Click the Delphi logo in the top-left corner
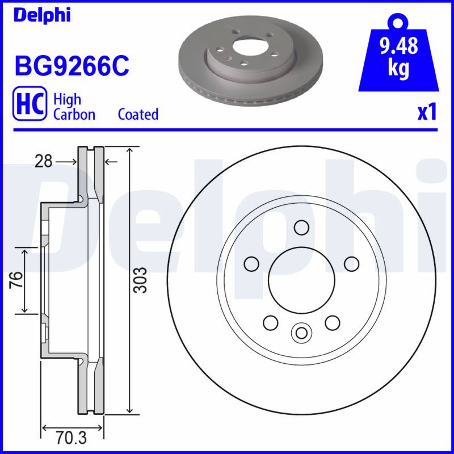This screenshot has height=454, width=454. pyautogui.click(x=42, y=15)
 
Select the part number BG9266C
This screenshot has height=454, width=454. pyautogui.click(x=72, y=66)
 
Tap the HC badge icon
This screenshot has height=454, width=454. pyautogui.click(x=30, y=103)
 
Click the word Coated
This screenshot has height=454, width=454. pyautogui.click(x=138, y=114)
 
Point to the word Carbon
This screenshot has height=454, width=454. pyautogui.click(x=74, y=115)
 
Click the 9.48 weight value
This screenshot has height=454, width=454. pyautogui.click(x=399, y=45)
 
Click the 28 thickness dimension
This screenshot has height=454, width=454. pyautogui.click(x=44, y=161)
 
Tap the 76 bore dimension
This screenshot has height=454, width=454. pyautogui.click(x=16, y=280)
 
